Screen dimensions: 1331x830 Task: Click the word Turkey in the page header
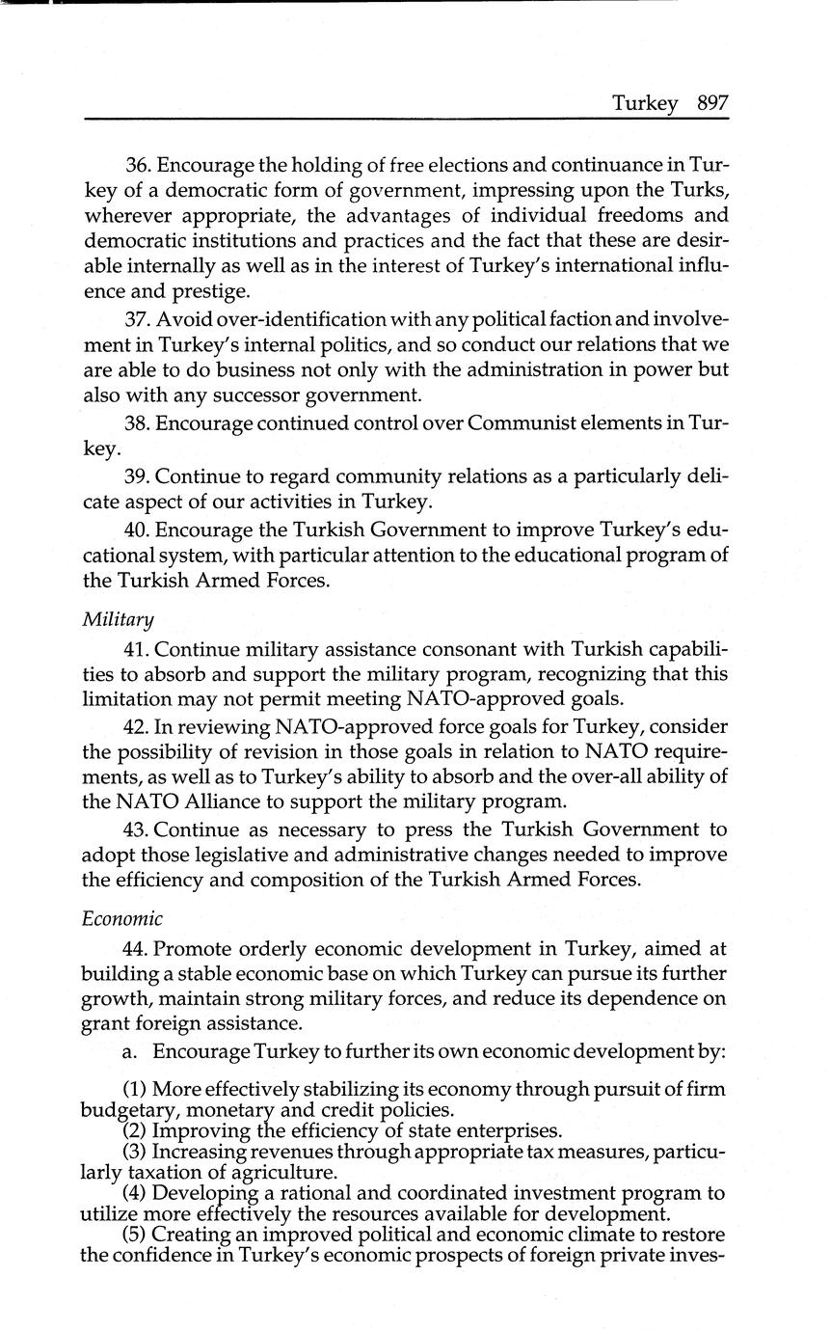point(645,103)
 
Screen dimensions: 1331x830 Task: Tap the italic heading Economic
point(122,917)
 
